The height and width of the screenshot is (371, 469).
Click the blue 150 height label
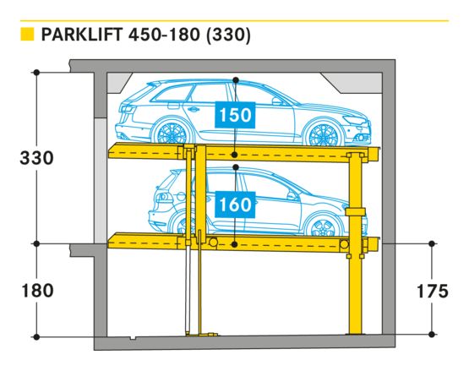235,115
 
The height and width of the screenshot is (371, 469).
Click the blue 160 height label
235,205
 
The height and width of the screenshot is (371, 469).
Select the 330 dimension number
37,158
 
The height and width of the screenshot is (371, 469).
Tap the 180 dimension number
38,291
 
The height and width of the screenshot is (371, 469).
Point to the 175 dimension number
433,291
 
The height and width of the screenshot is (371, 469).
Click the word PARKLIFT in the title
82,35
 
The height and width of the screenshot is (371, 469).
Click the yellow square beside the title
27,34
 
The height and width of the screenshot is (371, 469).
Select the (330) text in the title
228,35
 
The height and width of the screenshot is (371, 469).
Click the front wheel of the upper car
324,135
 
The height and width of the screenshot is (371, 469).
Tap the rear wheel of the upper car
172,134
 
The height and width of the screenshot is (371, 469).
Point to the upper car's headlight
355,120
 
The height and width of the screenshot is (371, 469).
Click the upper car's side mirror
277,101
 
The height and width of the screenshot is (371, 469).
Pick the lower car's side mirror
292,196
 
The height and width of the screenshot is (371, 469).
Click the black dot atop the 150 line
236,80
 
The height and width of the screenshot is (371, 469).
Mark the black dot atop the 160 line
236,167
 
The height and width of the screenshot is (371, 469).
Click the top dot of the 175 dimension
432,244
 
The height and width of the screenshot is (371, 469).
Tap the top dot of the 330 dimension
36,73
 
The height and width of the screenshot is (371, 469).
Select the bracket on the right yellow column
355,212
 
